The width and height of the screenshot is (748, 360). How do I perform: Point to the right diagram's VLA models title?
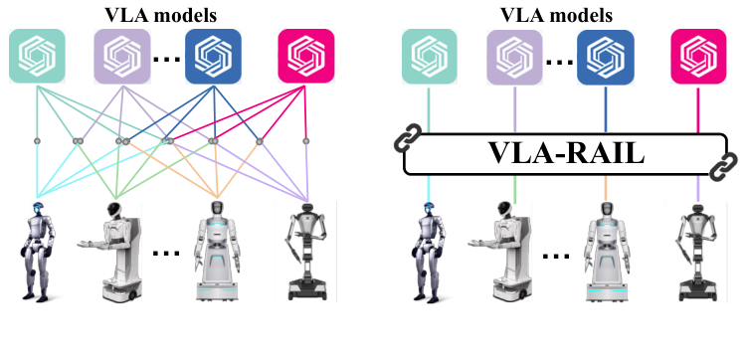click(563, 13)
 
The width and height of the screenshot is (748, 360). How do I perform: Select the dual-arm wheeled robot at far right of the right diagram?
click(699, 251)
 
